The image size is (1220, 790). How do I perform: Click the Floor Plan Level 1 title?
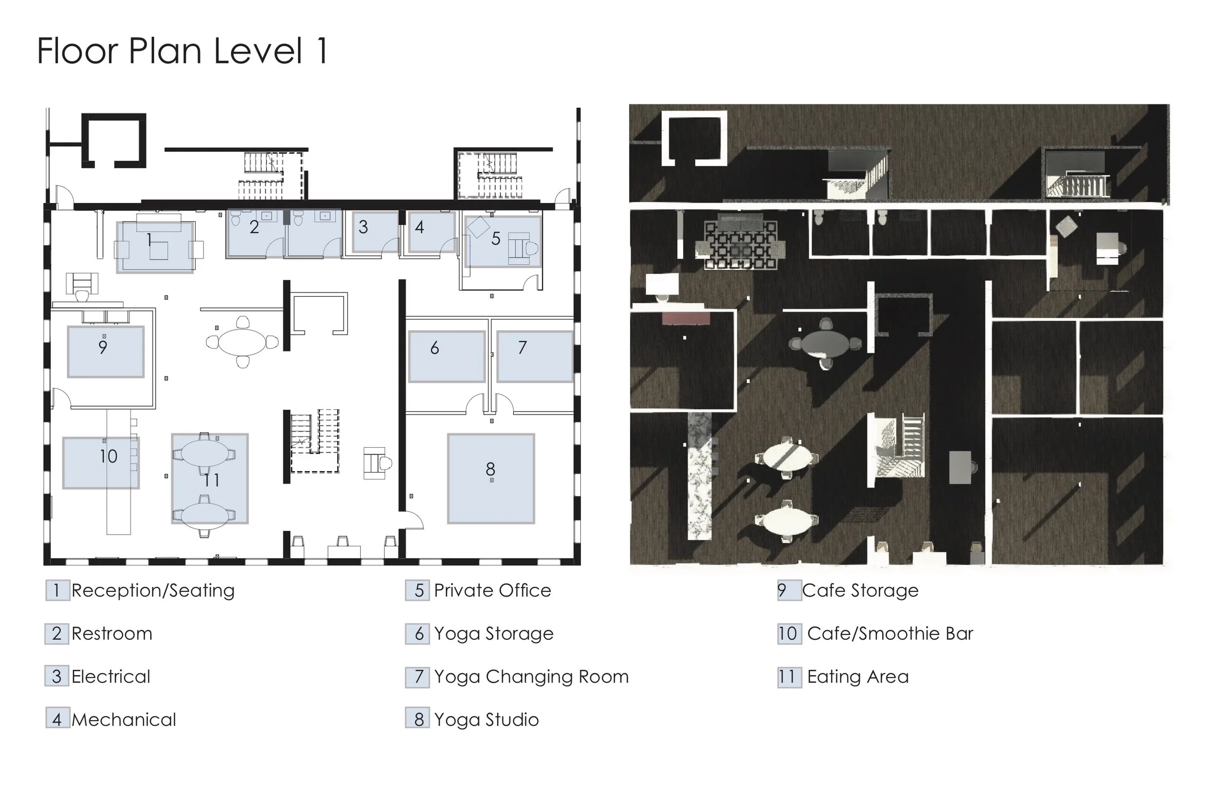183,51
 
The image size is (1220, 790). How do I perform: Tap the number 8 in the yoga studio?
490,469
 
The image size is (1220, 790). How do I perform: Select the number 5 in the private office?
496,239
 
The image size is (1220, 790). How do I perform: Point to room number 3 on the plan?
364,227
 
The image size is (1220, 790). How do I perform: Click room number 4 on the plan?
420,227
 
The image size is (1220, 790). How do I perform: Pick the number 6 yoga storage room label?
435,348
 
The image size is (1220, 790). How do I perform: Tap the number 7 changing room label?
522,348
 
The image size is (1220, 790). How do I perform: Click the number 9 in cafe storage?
103,347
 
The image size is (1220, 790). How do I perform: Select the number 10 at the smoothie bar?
109,456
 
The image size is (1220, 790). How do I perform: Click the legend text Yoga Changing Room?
531,677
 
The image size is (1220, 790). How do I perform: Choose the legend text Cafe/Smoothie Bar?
890,634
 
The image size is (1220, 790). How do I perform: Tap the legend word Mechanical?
123,720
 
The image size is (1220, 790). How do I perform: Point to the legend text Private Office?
492,590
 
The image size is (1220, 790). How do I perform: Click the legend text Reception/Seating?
153,590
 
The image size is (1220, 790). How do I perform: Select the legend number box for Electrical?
57,677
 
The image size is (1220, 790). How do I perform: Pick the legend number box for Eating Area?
790,677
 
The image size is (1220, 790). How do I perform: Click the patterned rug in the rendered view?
741,245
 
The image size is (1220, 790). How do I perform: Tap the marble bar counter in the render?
700,476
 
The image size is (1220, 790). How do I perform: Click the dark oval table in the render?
825,342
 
